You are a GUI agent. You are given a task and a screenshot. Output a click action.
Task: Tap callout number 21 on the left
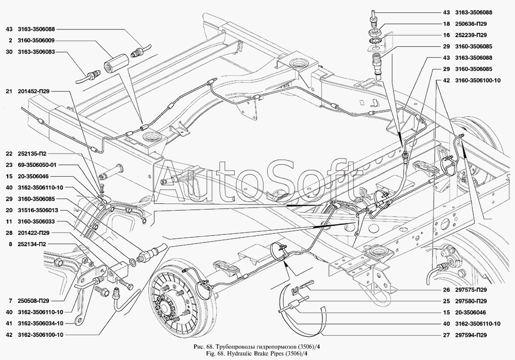(9, 92)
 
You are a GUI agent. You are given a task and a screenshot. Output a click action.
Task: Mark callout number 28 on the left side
(9, 232)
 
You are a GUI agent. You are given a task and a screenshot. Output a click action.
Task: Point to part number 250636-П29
(471, 24)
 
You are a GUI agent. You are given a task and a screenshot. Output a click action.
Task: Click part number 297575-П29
(471, 289)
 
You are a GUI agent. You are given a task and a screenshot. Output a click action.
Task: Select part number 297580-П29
(471, 301)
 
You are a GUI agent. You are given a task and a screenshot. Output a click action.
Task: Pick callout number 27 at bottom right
(445, 335)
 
